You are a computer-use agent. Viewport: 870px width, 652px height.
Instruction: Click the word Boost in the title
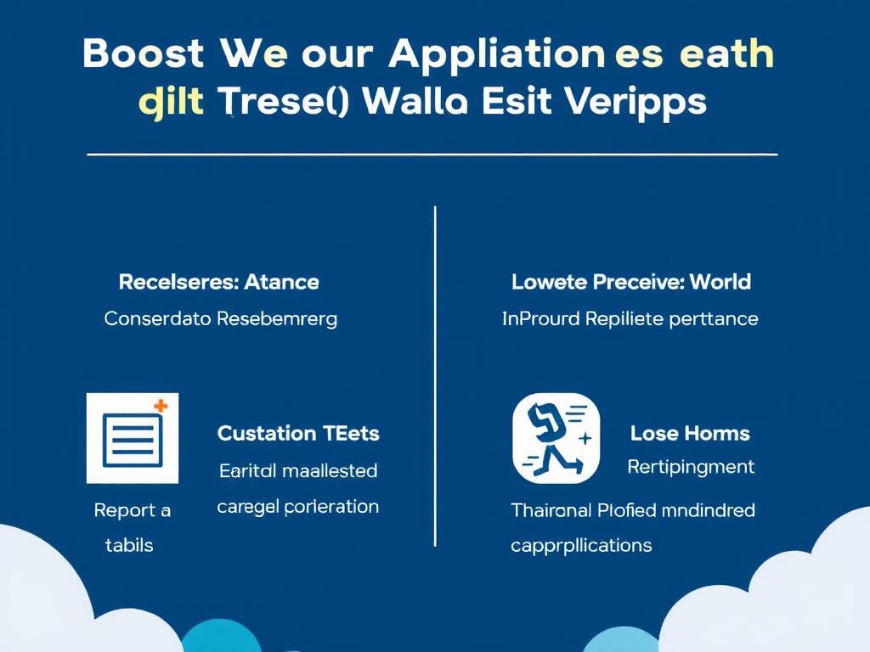pos(144,54)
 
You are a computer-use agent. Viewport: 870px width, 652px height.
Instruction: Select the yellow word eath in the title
pos(727,54)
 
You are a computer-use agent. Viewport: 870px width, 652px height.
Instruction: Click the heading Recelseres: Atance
pos(218,282)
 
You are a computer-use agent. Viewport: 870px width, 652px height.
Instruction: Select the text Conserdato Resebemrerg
pos(220,319)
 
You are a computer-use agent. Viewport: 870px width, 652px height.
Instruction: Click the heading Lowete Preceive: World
pos(630,282)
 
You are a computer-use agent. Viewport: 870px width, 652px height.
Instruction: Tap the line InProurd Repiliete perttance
pos(630,319)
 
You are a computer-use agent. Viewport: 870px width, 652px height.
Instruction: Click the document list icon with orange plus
pos(132,438)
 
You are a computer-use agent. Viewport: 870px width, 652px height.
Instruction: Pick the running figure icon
pos(556,438)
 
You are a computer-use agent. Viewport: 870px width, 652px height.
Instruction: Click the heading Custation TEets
pos(298,433)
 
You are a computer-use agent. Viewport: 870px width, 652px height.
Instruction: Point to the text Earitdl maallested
pos(298,469)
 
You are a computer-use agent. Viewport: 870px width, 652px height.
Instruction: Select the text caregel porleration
pos(298,507)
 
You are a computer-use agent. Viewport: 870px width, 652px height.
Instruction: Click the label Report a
pos(132,510)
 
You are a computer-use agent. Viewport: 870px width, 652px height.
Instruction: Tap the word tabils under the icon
pos(129,545)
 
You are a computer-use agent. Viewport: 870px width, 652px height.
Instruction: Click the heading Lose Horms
pos(690,433)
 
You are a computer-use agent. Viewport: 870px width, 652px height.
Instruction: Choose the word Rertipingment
pos(690,466)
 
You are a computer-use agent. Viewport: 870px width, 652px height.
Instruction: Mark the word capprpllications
pos(581,545)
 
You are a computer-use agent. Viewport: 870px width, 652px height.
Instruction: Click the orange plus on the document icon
pos(160,407)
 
